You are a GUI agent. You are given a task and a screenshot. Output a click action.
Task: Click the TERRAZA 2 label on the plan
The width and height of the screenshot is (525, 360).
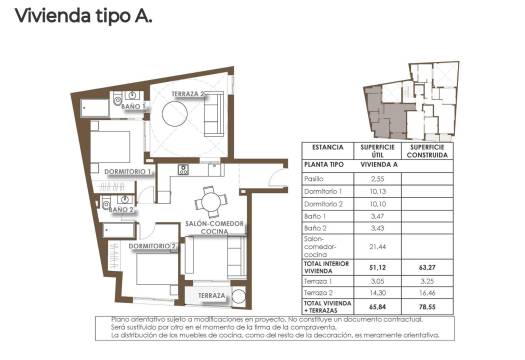(x=189, y=94)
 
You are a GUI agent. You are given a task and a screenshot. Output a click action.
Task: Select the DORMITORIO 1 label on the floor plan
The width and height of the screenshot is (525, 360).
(x=129, y=172)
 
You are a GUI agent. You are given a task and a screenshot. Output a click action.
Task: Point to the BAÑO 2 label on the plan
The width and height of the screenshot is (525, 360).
(x=122, y=210)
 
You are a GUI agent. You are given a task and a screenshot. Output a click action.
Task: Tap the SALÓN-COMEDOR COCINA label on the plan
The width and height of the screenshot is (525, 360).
(x=210, y=228)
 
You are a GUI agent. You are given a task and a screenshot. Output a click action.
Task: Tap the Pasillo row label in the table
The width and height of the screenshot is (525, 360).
(x=316, y=178)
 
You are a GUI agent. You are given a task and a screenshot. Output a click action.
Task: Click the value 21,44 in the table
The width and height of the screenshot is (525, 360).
(x=379, y=245)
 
